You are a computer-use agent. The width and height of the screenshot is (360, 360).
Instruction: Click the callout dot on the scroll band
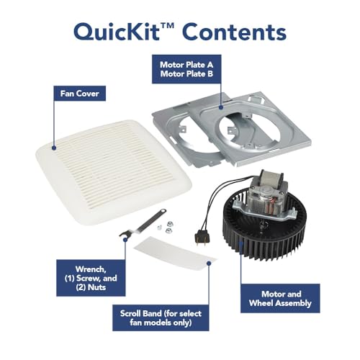pyautogui.click(x=209, y=264)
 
